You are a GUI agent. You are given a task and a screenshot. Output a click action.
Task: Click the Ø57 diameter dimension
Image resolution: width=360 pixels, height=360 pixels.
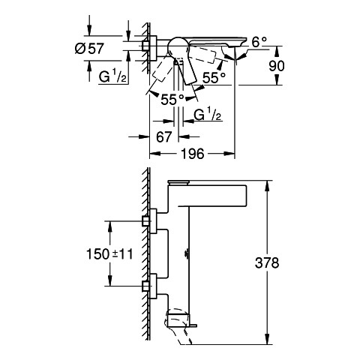[x=89, y=48]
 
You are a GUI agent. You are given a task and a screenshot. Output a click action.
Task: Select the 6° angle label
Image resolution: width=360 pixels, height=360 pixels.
[x=259, y=42]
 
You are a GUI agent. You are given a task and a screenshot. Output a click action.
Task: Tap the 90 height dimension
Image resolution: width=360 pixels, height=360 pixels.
[x=277, y=66]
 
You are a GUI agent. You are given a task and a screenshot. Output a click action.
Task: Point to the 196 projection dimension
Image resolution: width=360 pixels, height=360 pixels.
[x=193, y=154]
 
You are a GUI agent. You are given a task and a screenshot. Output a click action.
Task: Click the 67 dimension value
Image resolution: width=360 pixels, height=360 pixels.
[x=164, y=136]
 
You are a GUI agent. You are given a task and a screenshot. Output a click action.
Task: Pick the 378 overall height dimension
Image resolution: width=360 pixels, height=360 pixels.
[x=267, y=262]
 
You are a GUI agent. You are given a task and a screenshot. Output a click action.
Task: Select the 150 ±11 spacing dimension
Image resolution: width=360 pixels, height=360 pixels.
[x=109, y=254]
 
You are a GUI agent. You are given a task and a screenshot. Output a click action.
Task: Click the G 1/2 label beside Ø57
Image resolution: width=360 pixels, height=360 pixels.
[x=112, y=76]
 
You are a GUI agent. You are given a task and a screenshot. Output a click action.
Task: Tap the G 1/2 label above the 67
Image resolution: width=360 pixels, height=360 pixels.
[x=208, y=115]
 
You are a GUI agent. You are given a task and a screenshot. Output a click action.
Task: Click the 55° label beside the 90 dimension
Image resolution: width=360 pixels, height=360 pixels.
[x=214, y=77]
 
